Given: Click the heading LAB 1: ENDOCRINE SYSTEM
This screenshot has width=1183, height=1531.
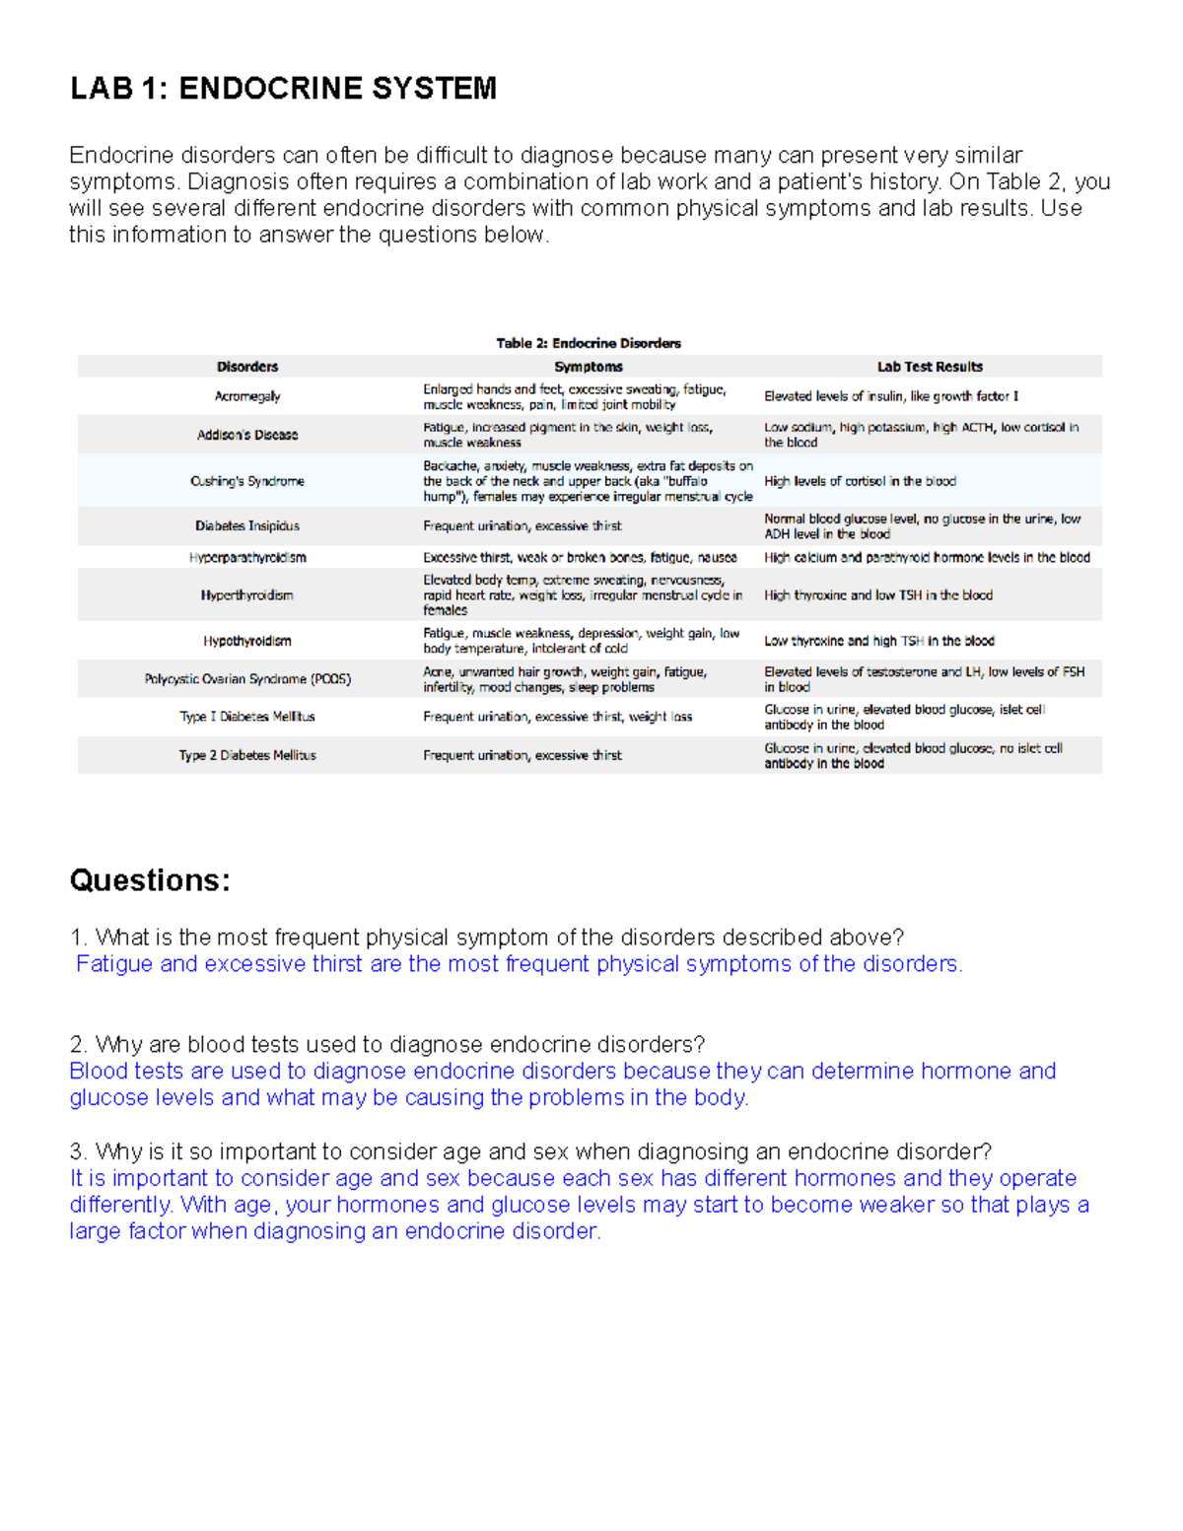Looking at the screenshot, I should (x=283, y=89).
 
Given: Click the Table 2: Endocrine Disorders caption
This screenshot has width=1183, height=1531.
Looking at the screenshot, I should (x=589, y=343).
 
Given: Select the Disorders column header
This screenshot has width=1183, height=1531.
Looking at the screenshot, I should (x=247, y=367).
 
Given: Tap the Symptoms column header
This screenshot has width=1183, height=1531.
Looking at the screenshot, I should (x=589, y=367).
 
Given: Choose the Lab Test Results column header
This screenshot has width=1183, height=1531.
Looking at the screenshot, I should (x=930, y=367).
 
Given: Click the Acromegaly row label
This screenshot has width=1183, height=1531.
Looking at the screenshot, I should (x=247, y=396).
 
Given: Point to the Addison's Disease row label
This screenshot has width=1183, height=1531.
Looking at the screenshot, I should (x=247, y=435).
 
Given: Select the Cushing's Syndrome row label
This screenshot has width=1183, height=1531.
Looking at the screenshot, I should (x=247, y=481).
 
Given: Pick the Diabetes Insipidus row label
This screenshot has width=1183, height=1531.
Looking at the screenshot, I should (x=247, y=526).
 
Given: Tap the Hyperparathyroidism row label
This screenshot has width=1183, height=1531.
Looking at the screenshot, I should (x=247, y=558).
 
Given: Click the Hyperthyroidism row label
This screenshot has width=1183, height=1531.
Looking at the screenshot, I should (x=247, y=595).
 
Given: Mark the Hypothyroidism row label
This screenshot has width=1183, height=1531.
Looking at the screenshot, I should (x=247, y=641).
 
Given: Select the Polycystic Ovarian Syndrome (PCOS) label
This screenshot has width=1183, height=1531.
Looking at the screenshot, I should (x=247, y=679).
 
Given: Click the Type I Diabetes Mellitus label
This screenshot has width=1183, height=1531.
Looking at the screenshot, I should (x=247, y=717).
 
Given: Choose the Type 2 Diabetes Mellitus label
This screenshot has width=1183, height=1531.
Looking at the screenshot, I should (x=247, y=755).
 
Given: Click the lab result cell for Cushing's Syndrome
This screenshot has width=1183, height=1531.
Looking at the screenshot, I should (x=860, y=481).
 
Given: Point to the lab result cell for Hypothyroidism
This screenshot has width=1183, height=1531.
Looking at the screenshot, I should (x=879, y=641).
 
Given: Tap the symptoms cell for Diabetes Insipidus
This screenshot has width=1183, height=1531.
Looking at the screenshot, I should (x=522, y=526).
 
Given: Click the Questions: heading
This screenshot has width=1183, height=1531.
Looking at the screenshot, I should (x=150, y=880).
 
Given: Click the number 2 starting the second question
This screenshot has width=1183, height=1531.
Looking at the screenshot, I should (x=76, y=1045).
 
